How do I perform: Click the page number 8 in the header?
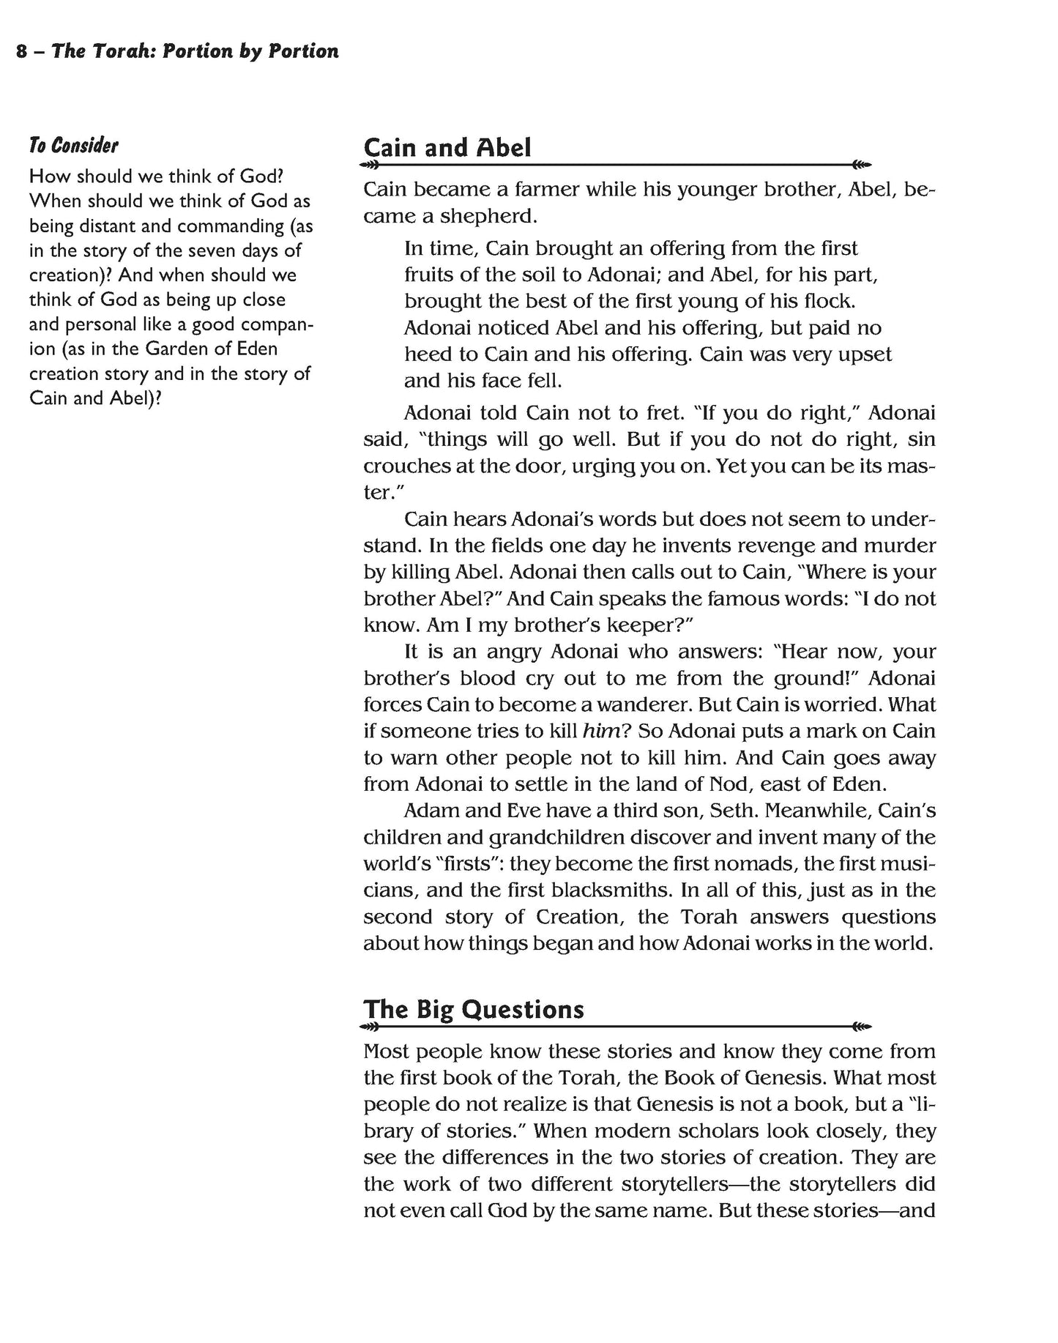tap(21, 52)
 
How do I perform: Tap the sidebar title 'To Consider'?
tap(73, 145)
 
